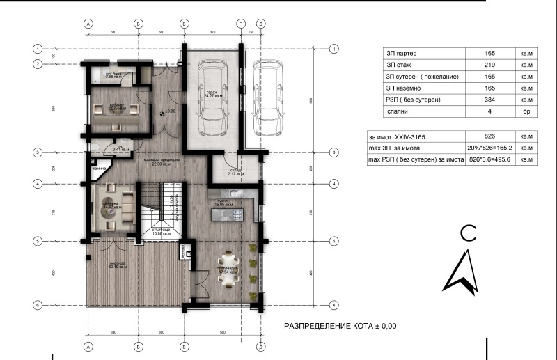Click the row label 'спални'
[399, 111]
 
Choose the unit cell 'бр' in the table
[524, 111]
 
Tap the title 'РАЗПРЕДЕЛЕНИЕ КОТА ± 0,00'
[340, 326]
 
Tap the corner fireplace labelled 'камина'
[97, 169]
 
